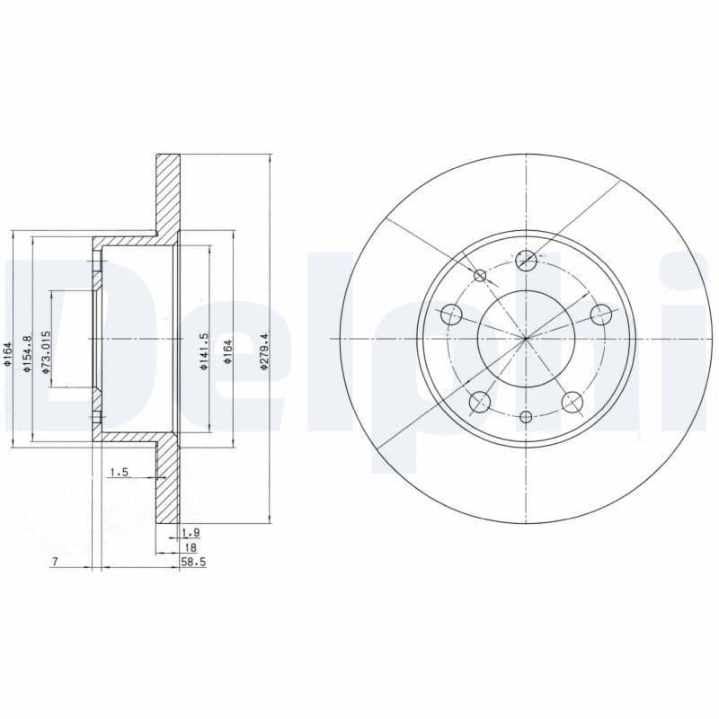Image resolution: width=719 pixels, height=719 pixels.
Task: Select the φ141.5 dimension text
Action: point(204,351)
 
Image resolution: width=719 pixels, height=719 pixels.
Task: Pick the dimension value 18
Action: point(190,546)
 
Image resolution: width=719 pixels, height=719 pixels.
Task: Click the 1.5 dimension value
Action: point(118,472)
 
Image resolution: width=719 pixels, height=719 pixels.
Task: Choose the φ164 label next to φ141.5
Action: point(228,351)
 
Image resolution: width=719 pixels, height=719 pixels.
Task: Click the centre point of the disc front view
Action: point(527,338)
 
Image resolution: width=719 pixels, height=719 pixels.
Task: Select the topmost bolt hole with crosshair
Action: point(527,261)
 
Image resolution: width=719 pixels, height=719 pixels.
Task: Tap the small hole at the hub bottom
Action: point(527,416)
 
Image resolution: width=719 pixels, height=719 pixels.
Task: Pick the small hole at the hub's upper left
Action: point(480,275)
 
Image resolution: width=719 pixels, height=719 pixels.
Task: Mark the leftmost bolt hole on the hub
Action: point(452,315)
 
